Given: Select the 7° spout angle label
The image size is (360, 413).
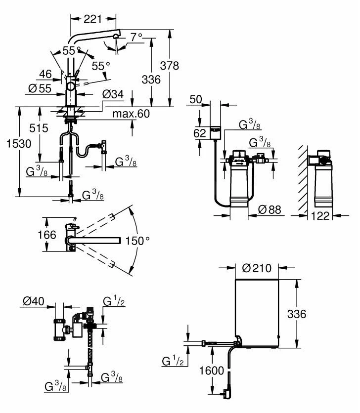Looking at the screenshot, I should coord(137,37).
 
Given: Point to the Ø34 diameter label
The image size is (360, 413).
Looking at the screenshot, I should coord(113,94).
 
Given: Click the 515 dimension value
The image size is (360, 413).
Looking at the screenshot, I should coord(39,128).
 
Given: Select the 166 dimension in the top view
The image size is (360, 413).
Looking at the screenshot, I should coord(47,235).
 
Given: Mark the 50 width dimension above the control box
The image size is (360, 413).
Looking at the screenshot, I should coord(195,99).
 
